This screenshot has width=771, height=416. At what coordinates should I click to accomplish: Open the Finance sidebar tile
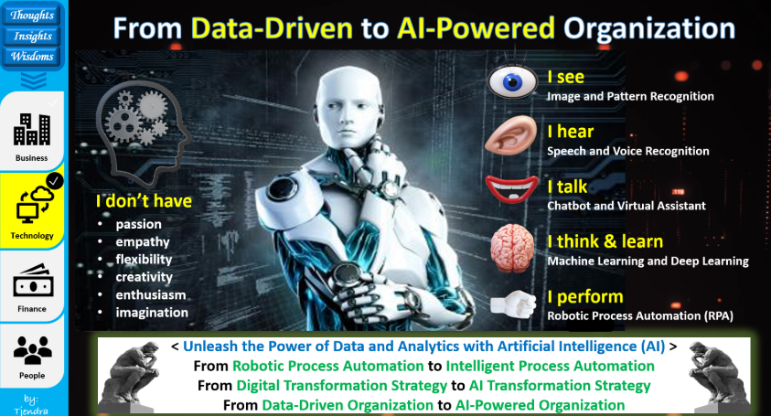(x=32, y=289)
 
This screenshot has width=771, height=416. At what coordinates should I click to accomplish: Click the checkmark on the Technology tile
(x=54, y=181)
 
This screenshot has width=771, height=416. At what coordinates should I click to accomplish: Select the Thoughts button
(x=33, y=16)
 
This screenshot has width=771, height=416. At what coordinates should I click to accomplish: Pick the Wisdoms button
(x=33, y=56)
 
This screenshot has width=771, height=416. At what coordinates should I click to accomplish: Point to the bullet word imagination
(x=152, y=313)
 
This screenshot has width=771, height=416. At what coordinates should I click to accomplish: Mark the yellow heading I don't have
(x=144, y=201)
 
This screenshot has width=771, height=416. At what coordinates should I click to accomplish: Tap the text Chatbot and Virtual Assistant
(x=626, y=206)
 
